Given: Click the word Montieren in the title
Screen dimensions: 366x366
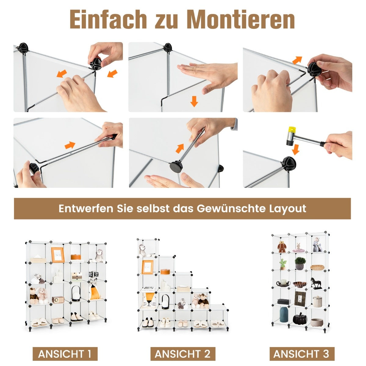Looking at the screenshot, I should click(x=241, y=20).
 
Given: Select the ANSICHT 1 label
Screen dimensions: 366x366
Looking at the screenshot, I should click(x=65, y=354).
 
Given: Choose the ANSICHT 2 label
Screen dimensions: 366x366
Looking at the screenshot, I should click(x=183, y=354).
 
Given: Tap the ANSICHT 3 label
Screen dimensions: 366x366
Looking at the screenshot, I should click(x=301, y=354).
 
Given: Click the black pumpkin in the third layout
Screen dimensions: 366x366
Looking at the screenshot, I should click(x=300, y=319).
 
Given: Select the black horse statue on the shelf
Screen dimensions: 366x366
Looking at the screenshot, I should click(x=316, y=283).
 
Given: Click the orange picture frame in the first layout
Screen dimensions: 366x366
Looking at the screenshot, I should click(x=57, y=255).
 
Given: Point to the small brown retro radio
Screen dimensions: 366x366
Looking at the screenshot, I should click(x=57, y=300).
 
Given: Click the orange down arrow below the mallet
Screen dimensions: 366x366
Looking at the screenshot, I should click(x=295, y=149).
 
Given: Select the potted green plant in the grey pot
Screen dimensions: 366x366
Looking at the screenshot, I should click(x=300, y=263).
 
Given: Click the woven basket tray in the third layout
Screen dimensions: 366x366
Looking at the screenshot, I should click(x=317, y=267).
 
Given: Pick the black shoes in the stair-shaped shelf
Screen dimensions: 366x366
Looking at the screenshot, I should click(x=148, y=322).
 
